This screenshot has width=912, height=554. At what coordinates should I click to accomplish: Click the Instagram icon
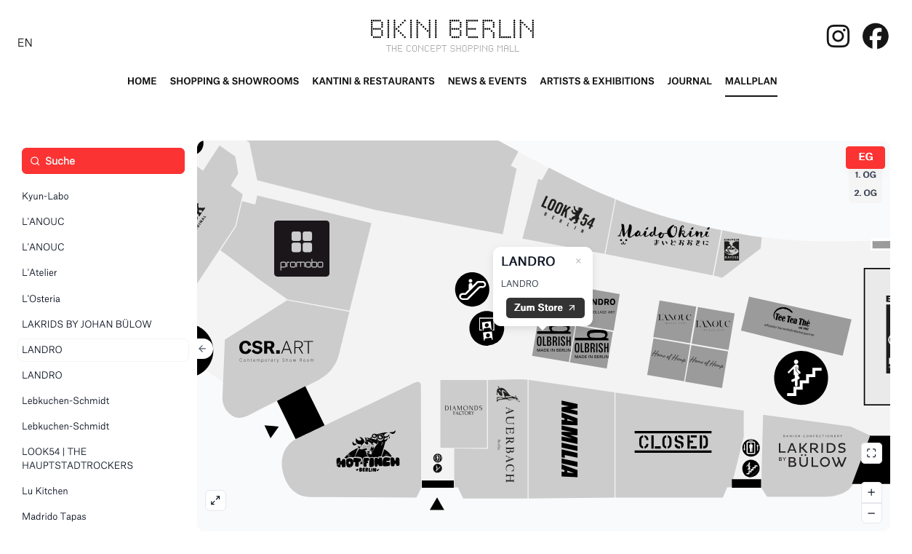coord(838,36)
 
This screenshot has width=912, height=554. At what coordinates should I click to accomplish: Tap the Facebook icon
coord(875,36)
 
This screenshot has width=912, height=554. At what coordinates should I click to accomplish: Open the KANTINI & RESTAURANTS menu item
coord(373,81)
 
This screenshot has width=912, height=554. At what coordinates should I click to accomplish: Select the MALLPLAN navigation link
coord(751,81)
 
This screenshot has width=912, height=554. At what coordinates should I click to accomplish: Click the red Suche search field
coord(103,161)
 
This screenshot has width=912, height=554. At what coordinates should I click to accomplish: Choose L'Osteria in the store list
coord(41,298)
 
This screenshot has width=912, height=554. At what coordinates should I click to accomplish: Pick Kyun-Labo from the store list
coord(45,197)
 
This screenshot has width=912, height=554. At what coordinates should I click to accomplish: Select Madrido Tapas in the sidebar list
coord(54,517)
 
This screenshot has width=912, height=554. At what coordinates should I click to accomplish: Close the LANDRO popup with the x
coord(578,261)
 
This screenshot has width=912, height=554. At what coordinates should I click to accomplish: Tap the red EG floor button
coord(865,157)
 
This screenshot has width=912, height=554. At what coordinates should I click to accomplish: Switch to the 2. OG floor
coord(865,193)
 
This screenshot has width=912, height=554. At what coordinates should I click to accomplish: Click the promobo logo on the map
coord(302,249)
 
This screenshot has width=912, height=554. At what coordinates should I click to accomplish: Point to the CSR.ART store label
coord(276,350)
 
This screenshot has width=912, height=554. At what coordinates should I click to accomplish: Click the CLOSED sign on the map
coord(673,442)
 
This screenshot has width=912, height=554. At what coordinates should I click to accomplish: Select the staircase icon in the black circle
coord(801,377)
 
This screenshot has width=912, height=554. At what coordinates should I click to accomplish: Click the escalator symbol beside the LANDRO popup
coord(473,289)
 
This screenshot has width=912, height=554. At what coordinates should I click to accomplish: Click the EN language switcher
coord(25,43)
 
